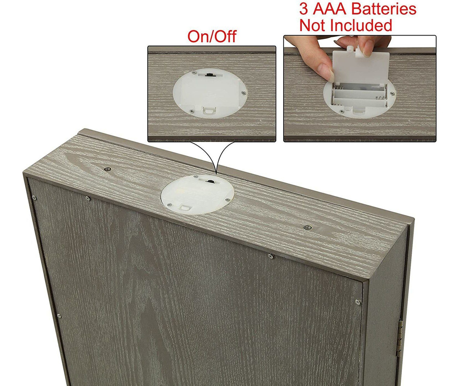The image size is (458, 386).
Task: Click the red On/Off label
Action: (x=212, y=36)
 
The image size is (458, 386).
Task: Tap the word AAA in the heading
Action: (x=331, y=9)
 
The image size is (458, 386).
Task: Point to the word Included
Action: (x=361, y=26)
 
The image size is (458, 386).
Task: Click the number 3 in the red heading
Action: (x=303, y=9)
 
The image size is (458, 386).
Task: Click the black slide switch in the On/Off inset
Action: (x=210, y=75)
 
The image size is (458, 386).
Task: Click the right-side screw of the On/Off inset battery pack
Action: (x=243, y=93)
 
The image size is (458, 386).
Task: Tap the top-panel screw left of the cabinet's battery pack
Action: (x=107, y=169)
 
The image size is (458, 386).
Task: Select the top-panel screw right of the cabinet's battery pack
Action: (x=308, y=227)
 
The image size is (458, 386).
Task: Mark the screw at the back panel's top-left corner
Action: (x=34, y=199)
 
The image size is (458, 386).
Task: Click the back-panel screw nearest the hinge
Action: (x=358, y=302)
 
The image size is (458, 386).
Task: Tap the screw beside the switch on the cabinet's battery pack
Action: (x=195, y=177)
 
